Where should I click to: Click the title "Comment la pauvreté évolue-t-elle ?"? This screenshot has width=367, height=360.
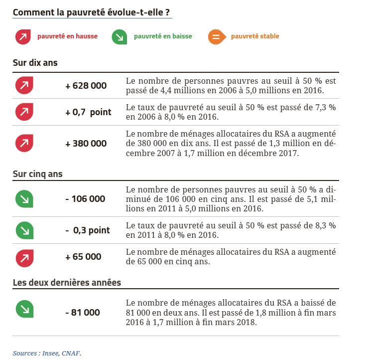pos(92,12)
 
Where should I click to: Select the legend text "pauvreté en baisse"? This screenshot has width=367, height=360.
pos(162,36)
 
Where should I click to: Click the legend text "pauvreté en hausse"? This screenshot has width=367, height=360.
pos(67,36)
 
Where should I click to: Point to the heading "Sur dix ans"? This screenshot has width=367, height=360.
pos(35,63)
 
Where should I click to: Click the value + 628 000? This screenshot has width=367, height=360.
pos(86,86)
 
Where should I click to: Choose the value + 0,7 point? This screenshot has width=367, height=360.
pos(88,112)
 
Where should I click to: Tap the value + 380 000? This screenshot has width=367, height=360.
pos(86,144)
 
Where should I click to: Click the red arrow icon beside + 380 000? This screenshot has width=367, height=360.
pos(23,143)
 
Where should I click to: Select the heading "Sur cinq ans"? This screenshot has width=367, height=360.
pos(37,174)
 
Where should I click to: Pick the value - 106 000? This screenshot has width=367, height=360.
pos(85,199)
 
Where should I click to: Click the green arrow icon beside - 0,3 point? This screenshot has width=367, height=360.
pos(23,230)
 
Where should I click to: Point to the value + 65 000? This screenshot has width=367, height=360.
pos(83,257)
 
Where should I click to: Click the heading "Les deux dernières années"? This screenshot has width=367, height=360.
pos(67,282)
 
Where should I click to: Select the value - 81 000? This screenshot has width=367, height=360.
pos(83,313)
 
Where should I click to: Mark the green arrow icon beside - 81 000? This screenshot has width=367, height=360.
pos(23,310)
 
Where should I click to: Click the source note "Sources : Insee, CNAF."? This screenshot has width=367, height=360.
pos(46,353)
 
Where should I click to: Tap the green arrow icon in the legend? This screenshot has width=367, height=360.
pos(119,37)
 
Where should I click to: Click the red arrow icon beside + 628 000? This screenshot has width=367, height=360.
pos(23,85)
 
